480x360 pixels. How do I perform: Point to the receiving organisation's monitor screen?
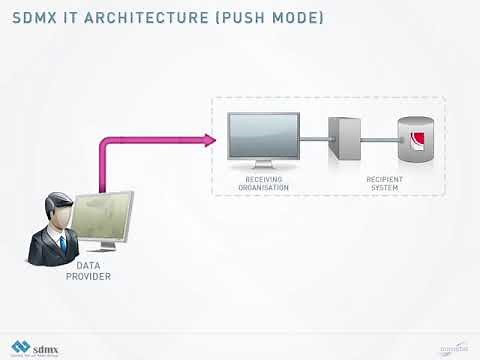click(263, 138)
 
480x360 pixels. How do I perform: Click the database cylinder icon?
click(412, 141)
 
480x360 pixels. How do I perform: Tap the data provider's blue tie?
click(60, 243)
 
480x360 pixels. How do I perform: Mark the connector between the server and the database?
click(381, 140)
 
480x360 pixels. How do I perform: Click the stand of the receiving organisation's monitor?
click(263, 167)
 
